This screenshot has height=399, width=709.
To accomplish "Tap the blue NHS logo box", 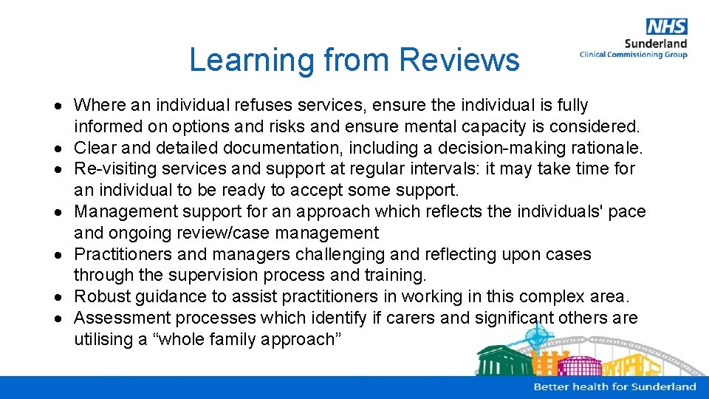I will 666,27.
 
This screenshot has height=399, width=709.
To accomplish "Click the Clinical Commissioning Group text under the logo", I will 633,55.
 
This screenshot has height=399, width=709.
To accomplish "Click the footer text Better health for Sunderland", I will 614,386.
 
